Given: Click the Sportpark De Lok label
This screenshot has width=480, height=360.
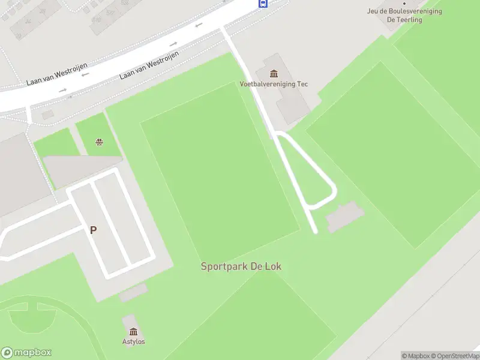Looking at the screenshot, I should click(241, 266).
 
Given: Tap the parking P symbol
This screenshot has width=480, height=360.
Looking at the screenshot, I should click(93, 229).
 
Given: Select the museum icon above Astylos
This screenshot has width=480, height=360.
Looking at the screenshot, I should click(133, 332).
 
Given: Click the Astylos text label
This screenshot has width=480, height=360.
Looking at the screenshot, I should click(133, 342).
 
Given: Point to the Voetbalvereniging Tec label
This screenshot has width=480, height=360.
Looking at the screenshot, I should click(274, 84).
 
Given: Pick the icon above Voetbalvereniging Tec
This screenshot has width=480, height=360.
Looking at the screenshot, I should click(274, 74).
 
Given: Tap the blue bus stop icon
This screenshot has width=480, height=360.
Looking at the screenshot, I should click(263, 3).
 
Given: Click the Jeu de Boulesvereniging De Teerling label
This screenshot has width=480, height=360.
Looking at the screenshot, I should click(404, 15).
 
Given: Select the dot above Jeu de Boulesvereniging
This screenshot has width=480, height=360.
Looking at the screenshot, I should click(404, 3).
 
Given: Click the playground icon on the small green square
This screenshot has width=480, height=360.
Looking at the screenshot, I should click(98, 142).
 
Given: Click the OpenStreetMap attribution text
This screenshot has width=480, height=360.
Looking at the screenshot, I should click(457, 356).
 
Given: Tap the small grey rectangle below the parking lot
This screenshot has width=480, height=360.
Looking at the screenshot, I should click(133, 293).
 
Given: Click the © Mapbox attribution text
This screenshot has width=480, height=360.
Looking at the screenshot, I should click(416, 356).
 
